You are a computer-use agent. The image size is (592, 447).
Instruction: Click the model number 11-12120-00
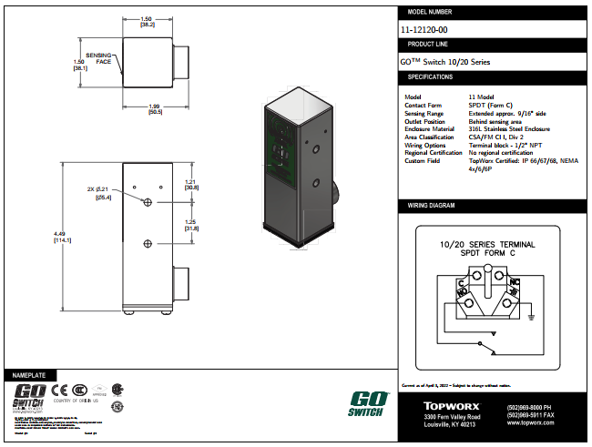(424, 30)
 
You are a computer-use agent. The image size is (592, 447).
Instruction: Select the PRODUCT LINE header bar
(493, 44)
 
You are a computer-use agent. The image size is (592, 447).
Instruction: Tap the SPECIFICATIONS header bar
(493, 76)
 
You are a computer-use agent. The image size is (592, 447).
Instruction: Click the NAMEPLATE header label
(27, 375)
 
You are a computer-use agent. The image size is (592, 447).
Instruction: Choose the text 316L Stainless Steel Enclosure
(509, 128)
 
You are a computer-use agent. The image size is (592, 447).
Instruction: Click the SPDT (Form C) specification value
(488, 105)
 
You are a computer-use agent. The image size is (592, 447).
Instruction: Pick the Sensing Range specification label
(425, 113)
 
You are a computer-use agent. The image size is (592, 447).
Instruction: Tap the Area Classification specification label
(431, 137)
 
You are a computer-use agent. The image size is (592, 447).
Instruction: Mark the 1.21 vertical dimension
(190, 184)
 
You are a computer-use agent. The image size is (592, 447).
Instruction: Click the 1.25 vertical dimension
(190, 225)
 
